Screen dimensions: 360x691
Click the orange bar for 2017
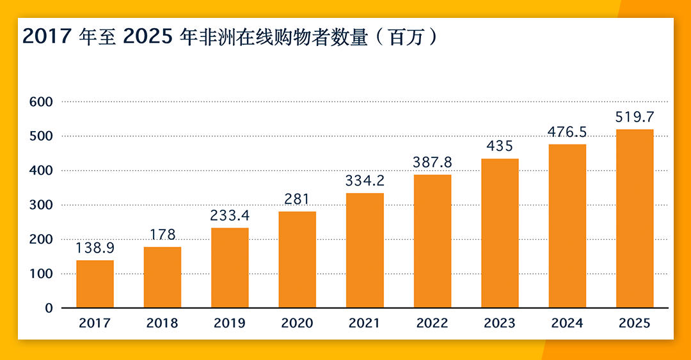coord(95,284)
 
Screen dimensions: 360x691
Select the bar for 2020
coord(297,260)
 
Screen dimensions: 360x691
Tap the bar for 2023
coord(500,233)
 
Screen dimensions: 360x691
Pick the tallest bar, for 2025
coord(635,219)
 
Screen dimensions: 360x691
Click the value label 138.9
coord(95,248)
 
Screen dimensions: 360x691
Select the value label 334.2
coord(365,181)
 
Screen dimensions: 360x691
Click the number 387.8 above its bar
coord(433,162)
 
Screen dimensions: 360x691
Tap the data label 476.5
coord(568,132)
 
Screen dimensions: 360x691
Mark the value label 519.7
coord(635,117)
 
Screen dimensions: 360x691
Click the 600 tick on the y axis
coord(40,102)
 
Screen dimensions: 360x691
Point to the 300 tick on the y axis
coord(40,205)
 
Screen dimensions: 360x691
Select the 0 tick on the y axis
coord(49,308)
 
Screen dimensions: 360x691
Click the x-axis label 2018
coord(162,324)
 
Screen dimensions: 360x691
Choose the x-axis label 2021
coord(365,324)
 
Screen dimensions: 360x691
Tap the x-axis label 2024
coord(568,324)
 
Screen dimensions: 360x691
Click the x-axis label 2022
coord(433,324)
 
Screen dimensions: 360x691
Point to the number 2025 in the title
coord(147,37)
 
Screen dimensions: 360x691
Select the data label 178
coord(162,235)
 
